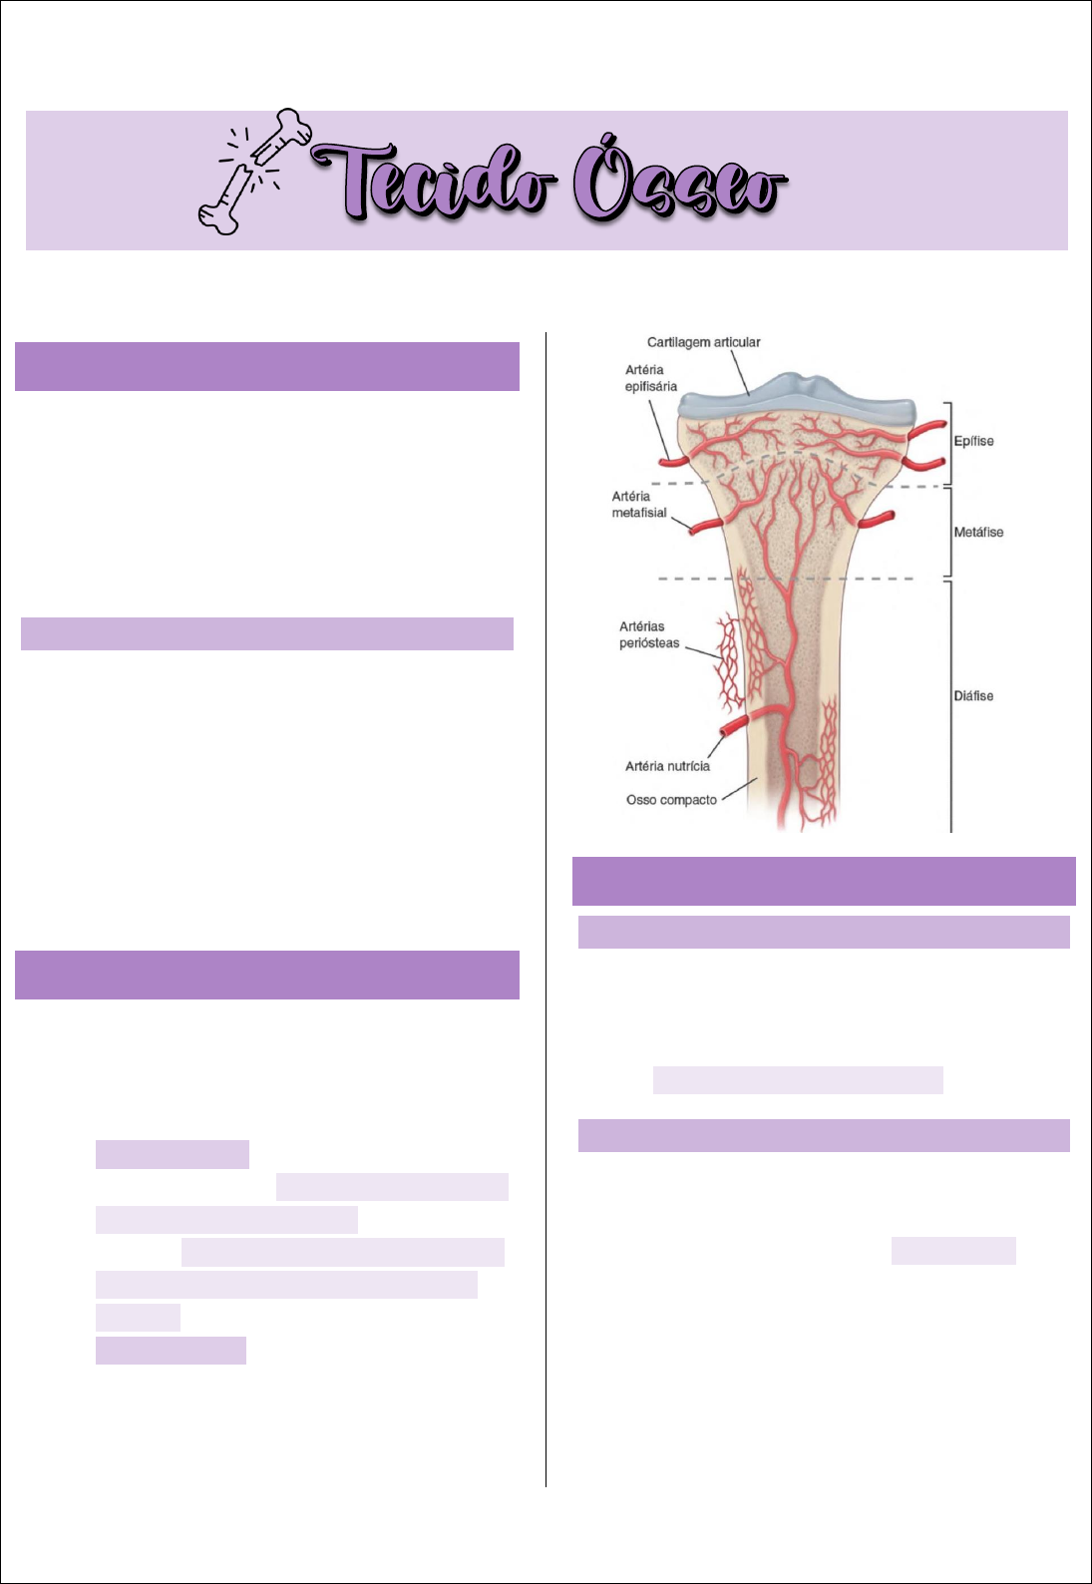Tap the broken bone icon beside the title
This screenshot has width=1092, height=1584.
coord(254,171)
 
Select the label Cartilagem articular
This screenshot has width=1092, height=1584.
coord(703,342)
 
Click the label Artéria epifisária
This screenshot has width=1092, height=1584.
coord(650,378)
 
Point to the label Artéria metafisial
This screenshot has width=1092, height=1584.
coord(639,504)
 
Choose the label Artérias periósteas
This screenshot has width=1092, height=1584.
coord(648,634)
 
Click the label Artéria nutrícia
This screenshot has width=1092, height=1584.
coord(667,766)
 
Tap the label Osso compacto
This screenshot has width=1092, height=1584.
coord(671,800)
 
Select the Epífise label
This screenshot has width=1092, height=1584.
coord(973,441)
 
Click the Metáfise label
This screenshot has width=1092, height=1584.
coord(978,532)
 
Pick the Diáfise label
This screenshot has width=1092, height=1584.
coord(973,695)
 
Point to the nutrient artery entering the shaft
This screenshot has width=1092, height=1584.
coord(736,724)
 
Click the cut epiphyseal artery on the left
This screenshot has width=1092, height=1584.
coord(671,461)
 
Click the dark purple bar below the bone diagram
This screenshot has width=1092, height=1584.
coord(824,881)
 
